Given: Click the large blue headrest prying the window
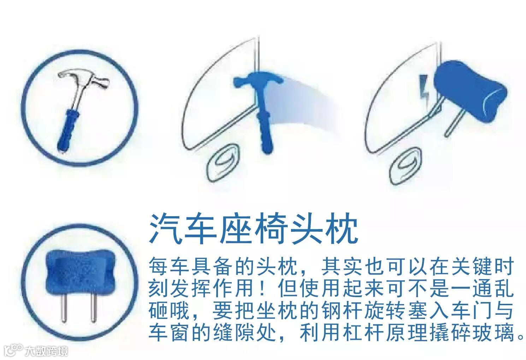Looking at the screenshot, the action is point(469,92).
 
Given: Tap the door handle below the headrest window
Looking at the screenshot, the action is point(405,168).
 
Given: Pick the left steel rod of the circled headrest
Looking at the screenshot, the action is point(64,308).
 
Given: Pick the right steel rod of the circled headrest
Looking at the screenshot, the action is point(94,308).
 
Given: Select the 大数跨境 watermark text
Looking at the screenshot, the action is point(47,351).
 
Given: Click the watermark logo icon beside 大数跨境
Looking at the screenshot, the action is point(14,350).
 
